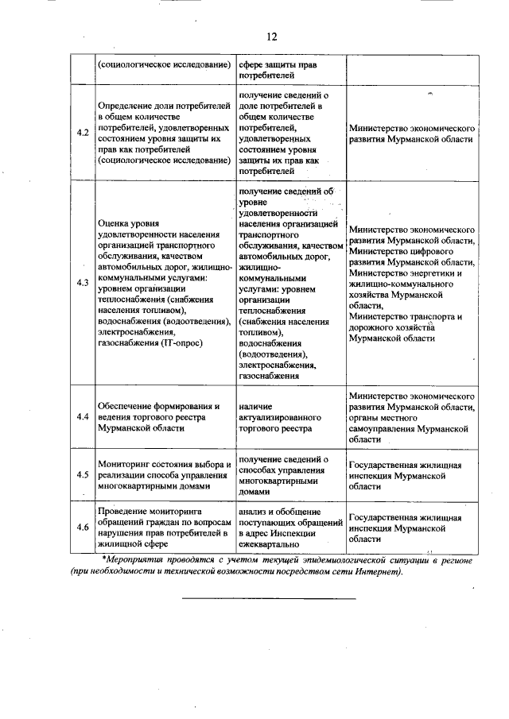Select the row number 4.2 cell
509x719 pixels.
(82, 132)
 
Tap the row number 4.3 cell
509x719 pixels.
(82, 283)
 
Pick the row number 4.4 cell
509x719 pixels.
(82, 416)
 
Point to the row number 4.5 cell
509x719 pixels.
(82, 474)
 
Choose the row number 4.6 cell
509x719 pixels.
(82, 527)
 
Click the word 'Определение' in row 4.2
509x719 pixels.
(125, 105)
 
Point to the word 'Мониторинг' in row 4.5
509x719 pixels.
(123, 464)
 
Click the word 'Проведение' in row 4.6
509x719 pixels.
(122, 512)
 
